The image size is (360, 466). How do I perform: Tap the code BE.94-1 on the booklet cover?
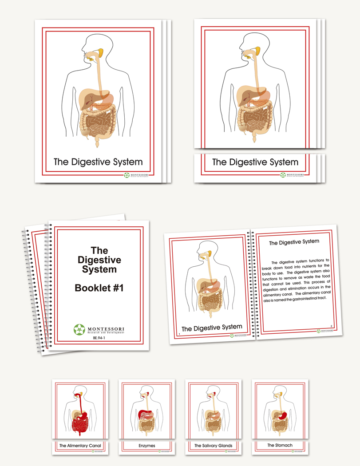[x=99, y=338]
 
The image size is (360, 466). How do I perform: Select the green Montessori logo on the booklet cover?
[x=79, y=329]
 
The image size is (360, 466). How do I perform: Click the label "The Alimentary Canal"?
[x=80, y=445]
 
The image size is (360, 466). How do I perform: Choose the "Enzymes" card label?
[x=147, y=445]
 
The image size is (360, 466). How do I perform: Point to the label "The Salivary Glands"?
[x=213, y=445]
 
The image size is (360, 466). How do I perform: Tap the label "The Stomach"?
[x=280, y=445]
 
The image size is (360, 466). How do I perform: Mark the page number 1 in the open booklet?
[x=178, y=333]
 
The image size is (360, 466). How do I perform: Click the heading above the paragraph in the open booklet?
[x=294, y=242]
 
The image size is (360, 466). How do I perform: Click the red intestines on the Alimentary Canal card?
[x=80, y=424]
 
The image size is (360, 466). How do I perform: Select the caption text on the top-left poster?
[x=98, y=162]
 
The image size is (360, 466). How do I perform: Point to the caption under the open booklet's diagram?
[x=212, y=328]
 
